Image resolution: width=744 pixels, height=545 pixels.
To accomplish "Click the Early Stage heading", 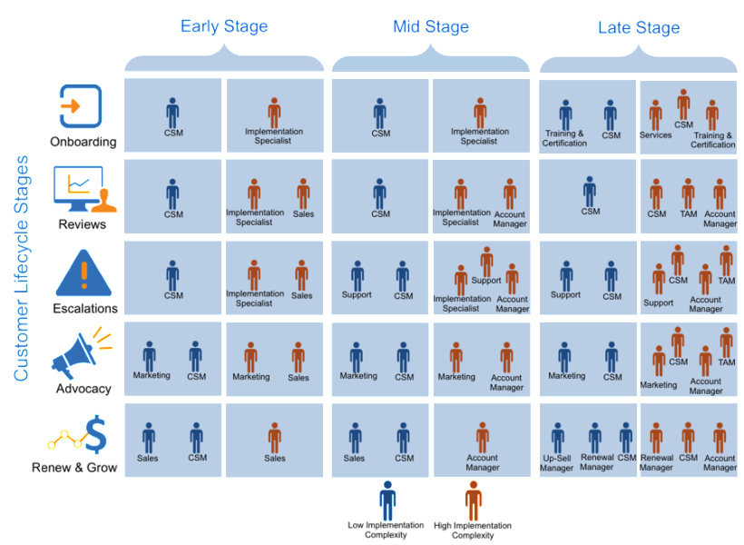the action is [x=224, y=26].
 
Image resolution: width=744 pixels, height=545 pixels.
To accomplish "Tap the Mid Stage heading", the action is [x=431, y=26].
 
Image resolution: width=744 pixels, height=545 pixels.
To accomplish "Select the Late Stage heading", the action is [x=639, y=27].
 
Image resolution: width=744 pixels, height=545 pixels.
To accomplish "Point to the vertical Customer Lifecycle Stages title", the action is [x=22, y=269].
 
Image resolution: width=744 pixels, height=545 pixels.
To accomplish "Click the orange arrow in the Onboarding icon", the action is [x=70, y=106].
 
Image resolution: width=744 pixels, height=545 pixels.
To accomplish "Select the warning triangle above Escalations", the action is [x=84, y=273].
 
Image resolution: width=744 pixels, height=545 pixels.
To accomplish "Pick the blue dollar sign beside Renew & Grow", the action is [x=96, y=435].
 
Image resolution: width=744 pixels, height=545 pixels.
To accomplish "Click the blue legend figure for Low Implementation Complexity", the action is [x=387, y=500].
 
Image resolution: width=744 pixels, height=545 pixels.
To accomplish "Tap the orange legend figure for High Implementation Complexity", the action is [x=473, y=500].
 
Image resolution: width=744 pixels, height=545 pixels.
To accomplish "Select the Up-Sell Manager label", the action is [x=556, y=463].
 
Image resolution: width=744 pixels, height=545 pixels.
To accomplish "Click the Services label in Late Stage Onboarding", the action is [x=656, y=135].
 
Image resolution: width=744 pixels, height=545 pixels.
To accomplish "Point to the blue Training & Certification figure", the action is [x=565, y=115].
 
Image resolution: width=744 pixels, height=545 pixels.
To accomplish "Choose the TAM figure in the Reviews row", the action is [x=688, y=193].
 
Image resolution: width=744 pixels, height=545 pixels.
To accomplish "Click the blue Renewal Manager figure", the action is [x=595, y=438].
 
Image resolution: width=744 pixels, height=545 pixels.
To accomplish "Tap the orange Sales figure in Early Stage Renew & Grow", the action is [x=275, y=438].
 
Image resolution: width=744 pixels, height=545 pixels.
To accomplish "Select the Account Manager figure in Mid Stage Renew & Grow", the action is [x=483, y=438].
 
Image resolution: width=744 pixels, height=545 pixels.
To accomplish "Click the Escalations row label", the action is [x=85, y=308].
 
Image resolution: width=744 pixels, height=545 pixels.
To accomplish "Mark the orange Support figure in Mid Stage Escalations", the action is [x=486, y=261].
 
